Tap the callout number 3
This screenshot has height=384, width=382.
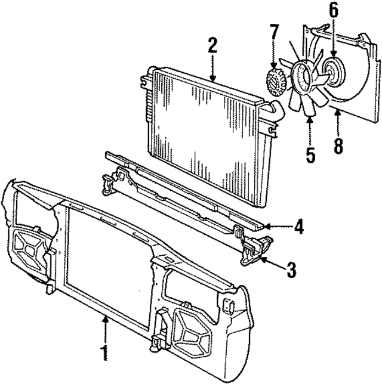(291, 269)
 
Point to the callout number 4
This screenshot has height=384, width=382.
(298, 227)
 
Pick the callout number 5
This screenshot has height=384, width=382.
(310, 154)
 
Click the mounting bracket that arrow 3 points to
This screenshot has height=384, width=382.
(254, 247)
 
